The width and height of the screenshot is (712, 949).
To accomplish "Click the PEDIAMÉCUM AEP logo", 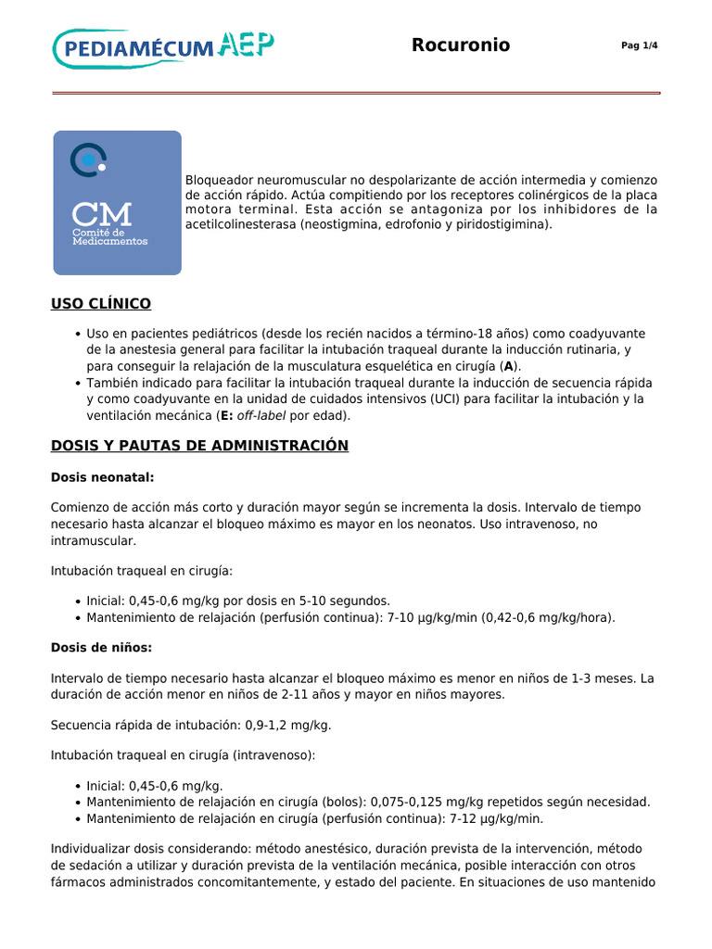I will pyautogui.click(x=163, y=47).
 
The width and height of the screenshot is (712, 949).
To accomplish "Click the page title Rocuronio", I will pyautogui.click(x=461, y=45).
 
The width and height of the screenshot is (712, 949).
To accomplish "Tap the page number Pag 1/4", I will pyautogui.click(x=639, y=46).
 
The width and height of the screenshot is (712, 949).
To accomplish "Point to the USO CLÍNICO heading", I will pyautogui.click(x=101, y=304).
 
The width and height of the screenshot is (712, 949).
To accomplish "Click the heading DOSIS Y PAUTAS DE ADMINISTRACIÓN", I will pyautogui.click(x=199, y=446).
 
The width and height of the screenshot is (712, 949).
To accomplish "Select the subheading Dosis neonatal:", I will pyautogui.click(x=102, y=477).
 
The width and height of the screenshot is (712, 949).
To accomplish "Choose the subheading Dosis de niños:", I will pyautogui.click(x=101, y=648).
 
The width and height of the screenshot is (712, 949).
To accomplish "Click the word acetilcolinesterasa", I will pyautogui.click(x=240, y=224).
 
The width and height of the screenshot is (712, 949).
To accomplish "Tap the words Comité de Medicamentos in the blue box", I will pyautogui.click(x=109, y=237).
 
